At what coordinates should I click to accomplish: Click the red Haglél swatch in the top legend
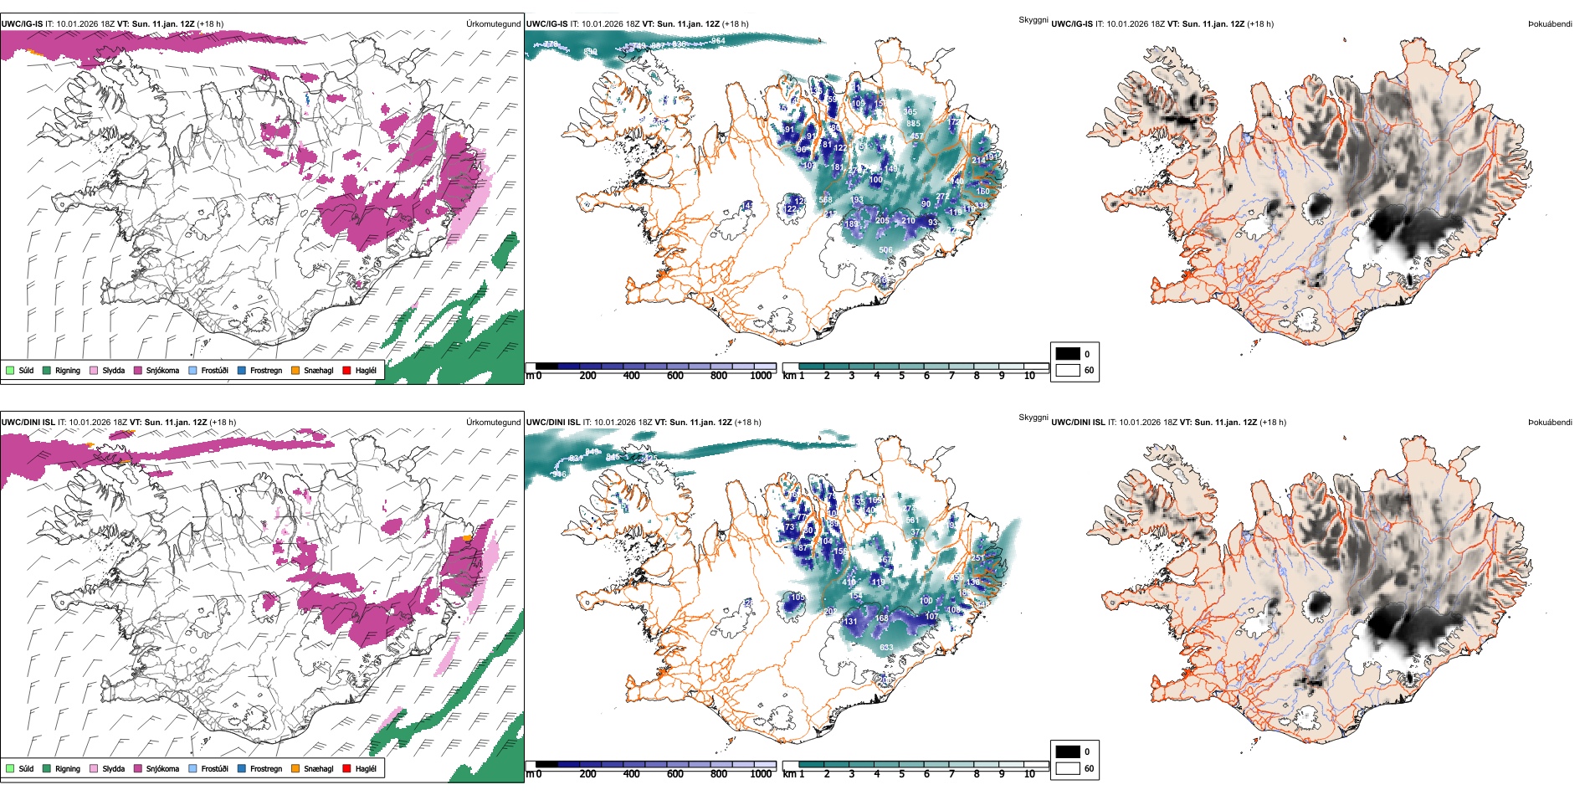pos(346,370)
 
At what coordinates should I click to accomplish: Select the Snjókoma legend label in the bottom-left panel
pos(162,768)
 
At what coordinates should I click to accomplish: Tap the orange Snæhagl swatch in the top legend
pos(295,370)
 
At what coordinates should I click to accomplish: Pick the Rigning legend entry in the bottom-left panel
pos(68,768)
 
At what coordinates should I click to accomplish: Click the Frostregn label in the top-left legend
pos(266,370)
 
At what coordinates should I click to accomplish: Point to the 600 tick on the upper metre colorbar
pos(674,376)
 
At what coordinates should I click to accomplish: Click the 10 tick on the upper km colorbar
pos(1029,376)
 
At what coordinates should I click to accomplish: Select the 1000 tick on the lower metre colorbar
pos(761,774)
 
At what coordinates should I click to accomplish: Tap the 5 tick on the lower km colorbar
pos(902,774)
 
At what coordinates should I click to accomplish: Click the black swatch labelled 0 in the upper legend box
pos(1068,354)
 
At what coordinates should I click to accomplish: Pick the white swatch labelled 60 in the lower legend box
pos(1068,768)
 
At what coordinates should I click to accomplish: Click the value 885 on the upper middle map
pos(913,124)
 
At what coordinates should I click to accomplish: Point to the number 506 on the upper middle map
pos(885,249)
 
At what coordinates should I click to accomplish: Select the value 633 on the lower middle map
pos(886,647)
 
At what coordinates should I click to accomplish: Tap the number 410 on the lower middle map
pos(849,582)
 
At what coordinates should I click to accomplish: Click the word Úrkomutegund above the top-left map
pos(493,24)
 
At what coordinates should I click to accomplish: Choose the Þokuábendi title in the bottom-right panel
pos(1550,423)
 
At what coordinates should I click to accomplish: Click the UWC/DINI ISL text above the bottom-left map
pos(28,423)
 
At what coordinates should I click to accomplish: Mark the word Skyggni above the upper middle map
pos(1033,20)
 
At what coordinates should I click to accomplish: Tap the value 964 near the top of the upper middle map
pos(718,40)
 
